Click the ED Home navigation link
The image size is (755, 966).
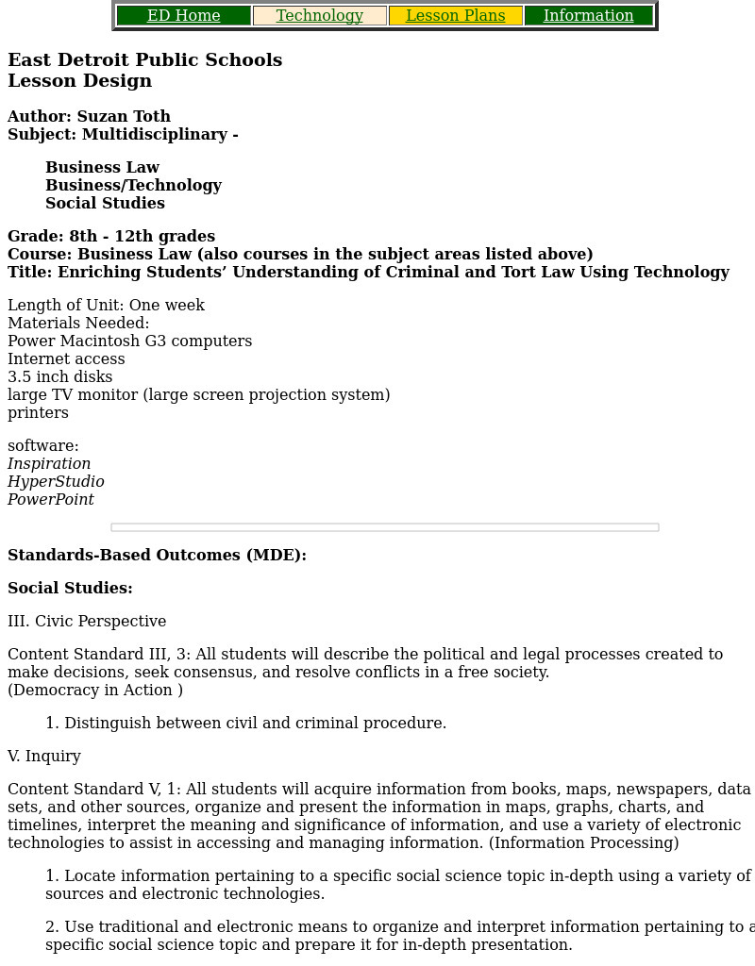point(183,16)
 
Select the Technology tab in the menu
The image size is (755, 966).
point(319,16)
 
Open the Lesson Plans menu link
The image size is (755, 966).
point(455,16)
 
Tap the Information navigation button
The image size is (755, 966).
point(588,16)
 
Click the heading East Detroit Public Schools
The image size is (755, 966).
point(144,60)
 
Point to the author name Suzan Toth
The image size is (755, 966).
point(124,117)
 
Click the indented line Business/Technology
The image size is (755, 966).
point(133,186)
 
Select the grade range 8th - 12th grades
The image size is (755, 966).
point(142,237)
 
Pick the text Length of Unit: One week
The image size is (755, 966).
point(106,306)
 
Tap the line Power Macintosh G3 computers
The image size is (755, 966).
point(129,341)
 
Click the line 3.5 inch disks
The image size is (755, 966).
point(59,377)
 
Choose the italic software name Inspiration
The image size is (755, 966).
point(49,464)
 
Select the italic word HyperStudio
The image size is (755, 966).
point(56,482)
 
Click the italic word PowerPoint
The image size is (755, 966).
point(51,500)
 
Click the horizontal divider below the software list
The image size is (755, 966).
point(384,527)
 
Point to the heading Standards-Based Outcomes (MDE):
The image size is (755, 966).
point(157,556)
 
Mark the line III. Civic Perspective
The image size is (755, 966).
point(87,622)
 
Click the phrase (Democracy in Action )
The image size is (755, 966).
point(95,691)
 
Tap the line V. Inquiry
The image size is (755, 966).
point(44,757)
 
